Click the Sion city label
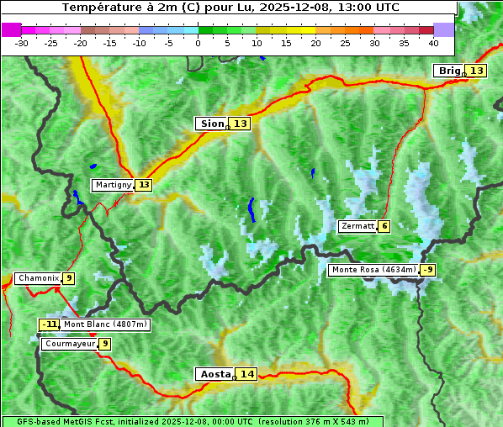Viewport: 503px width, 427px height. point(212,124)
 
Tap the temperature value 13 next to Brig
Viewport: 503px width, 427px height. point(477,71)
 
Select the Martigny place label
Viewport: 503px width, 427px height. point(114,185)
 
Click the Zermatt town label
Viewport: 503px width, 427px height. point(357,226)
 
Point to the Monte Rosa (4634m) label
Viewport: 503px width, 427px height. point(373,270)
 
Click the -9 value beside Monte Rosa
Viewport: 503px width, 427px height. point(428,270)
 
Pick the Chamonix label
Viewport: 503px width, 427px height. point(38,278)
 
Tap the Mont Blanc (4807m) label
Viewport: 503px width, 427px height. point(105,324)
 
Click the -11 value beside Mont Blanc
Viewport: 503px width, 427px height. point(50,324)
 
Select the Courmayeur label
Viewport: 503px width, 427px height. point(69,344)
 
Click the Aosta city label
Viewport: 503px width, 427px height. point(214,374)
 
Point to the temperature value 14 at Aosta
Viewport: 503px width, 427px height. point(246,374)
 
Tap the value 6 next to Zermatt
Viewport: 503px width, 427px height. point(384,226)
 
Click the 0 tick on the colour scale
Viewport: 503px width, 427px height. point(198,42)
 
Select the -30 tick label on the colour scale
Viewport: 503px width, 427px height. point(22,42)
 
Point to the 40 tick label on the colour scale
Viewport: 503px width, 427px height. point(433,42)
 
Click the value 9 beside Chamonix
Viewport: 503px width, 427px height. point(69,278)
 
